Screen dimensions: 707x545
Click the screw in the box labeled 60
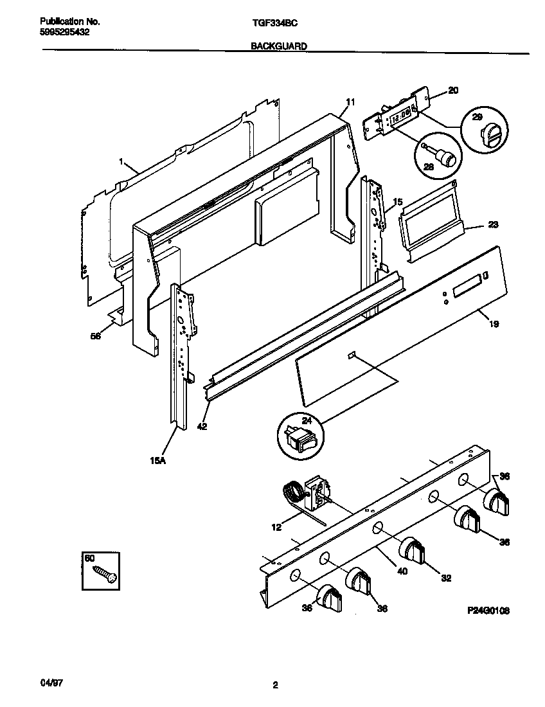[104, 573]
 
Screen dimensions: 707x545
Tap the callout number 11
[350, 102]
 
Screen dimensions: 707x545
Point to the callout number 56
[96, 335]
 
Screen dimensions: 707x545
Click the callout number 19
[494, 325]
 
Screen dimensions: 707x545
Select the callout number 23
[493, 225]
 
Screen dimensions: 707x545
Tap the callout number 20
[452, 91]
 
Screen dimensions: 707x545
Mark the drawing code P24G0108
[489, 611]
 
